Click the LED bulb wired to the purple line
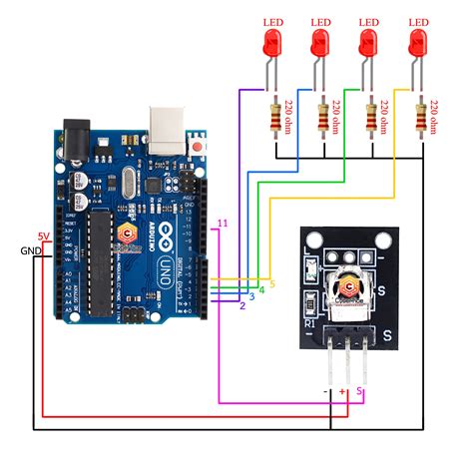[x=272, y=43]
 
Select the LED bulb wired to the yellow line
[x=418, y=43]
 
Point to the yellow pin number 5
[x=272, y=284]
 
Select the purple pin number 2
[x=241, y=305]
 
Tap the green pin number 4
[x=261, y=290]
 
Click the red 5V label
[x=43, y=236]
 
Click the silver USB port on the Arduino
[x=169, y=125]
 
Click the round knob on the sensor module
[x=348, y=290]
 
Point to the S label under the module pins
[x=360, y=392]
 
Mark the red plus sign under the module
[x=343, y=392]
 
